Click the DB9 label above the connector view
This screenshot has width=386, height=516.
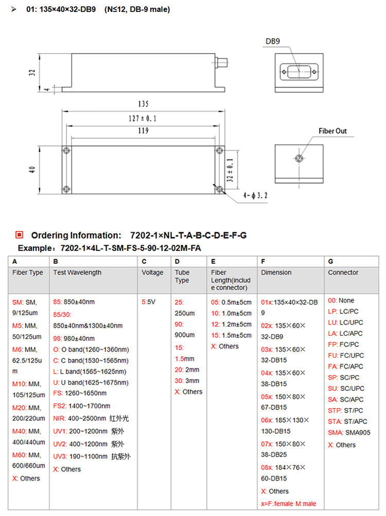click(273, 41)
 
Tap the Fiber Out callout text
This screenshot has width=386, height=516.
click(333, 131)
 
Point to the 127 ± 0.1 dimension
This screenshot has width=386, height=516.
click(143, 118)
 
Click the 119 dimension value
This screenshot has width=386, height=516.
click(142, 131)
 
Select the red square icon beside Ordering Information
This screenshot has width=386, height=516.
click(19, 235)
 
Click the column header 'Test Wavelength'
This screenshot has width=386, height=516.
click(77, 272)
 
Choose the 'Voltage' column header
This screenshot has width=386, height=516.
click(152, 272)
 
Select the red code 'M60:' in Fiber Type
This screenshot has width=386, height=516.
click(20, 455)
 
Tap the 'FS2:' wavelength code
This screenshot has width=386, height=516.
click(60, 406)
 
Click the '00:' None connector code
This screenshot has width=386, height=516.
click(332, 300)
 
